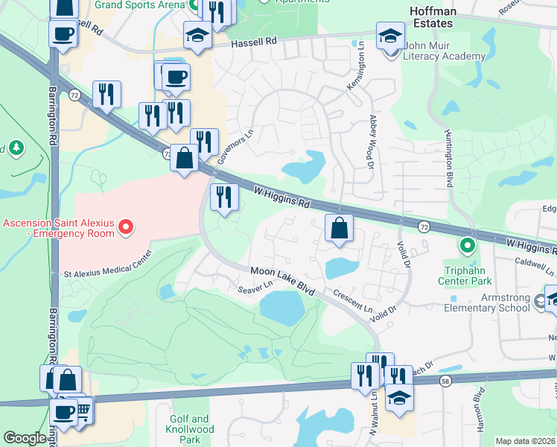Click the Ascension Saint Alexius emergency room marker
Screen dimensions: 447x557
[x=126, y=226]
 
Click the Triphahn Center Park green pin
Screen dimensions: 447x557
[x=467, y=244]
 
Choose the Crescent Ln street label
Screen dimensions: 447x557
[x=352, y=299]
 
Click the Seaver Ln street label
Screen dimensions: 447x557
[x=255, y=287]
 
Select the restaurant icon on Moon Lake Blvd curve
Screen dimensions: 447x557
[x=223, y=197]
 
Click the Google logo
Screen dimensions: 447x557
[x=25, y=438]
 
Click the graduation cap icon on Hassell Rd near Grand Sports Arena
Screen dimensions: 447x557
[x=197, y=36]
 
